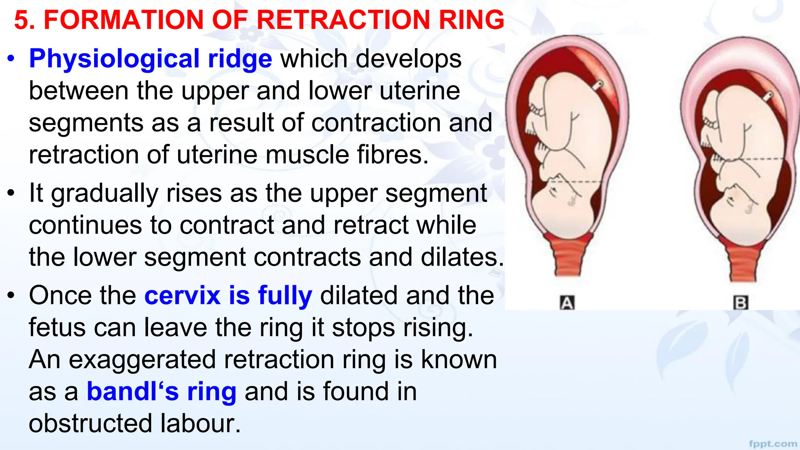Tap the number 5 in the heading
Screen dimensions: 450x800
tap(22, 20)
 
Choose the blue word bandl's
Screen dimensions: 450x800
tap(132, 391)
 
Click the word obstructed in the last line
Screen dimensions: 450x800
tap(90, 423)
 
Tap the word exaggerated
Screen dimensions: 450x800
tap(142, 359)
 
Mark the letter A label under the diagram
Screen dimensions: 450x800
tap(567, 303)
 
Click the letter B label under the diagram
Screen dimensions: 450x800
tap(741, 303)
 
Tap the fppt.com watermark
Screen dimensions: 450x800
tap(773, 444)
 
